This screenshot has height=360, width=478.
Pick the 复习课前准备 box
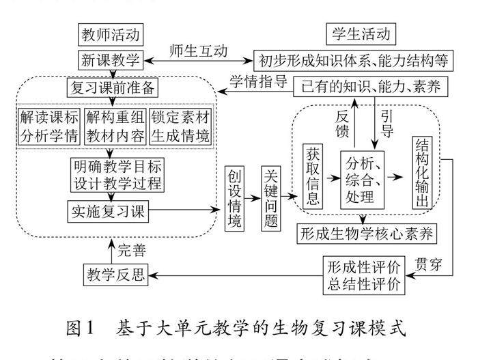(113, 88)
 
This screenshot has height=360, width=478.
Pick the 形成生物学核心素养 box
(367, 233)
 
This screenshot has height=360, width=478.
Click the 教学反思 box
(115, 274)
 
